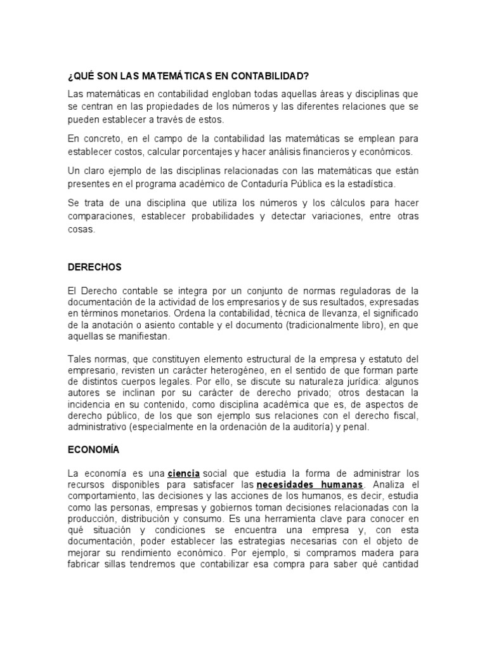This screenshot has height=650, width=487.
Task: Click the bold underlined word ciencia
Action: tap(184, 474)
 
